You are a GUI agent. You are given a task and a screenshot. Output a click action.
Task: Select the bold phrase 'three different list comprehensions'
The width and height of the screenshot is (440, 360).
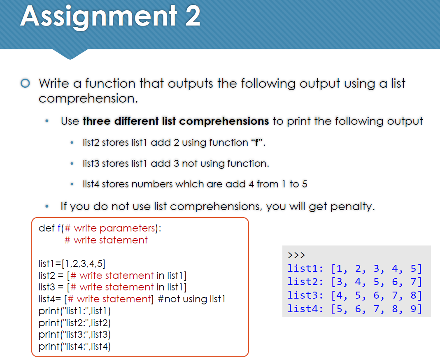tap(176, 121)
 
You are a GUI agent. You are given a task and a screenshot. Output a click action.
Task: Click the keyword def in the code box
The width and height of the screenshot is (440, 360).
tap(46, 228)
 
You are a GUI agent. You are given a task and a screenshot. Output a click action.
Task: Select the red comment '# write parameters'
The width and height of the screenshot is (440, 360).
tap(110, 228)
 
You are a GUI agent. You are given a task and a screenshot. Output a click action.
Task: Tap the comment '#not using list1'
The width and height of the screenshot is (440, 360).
tap(192, 299)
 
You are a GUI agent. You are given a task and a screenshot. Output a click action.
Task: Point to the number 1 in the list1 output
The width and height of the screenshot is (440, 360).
tap(340, 269)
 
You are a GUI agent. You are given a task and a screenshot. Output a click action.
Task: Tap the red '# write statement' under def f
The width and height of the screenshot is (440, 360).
tap(106, 240)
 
